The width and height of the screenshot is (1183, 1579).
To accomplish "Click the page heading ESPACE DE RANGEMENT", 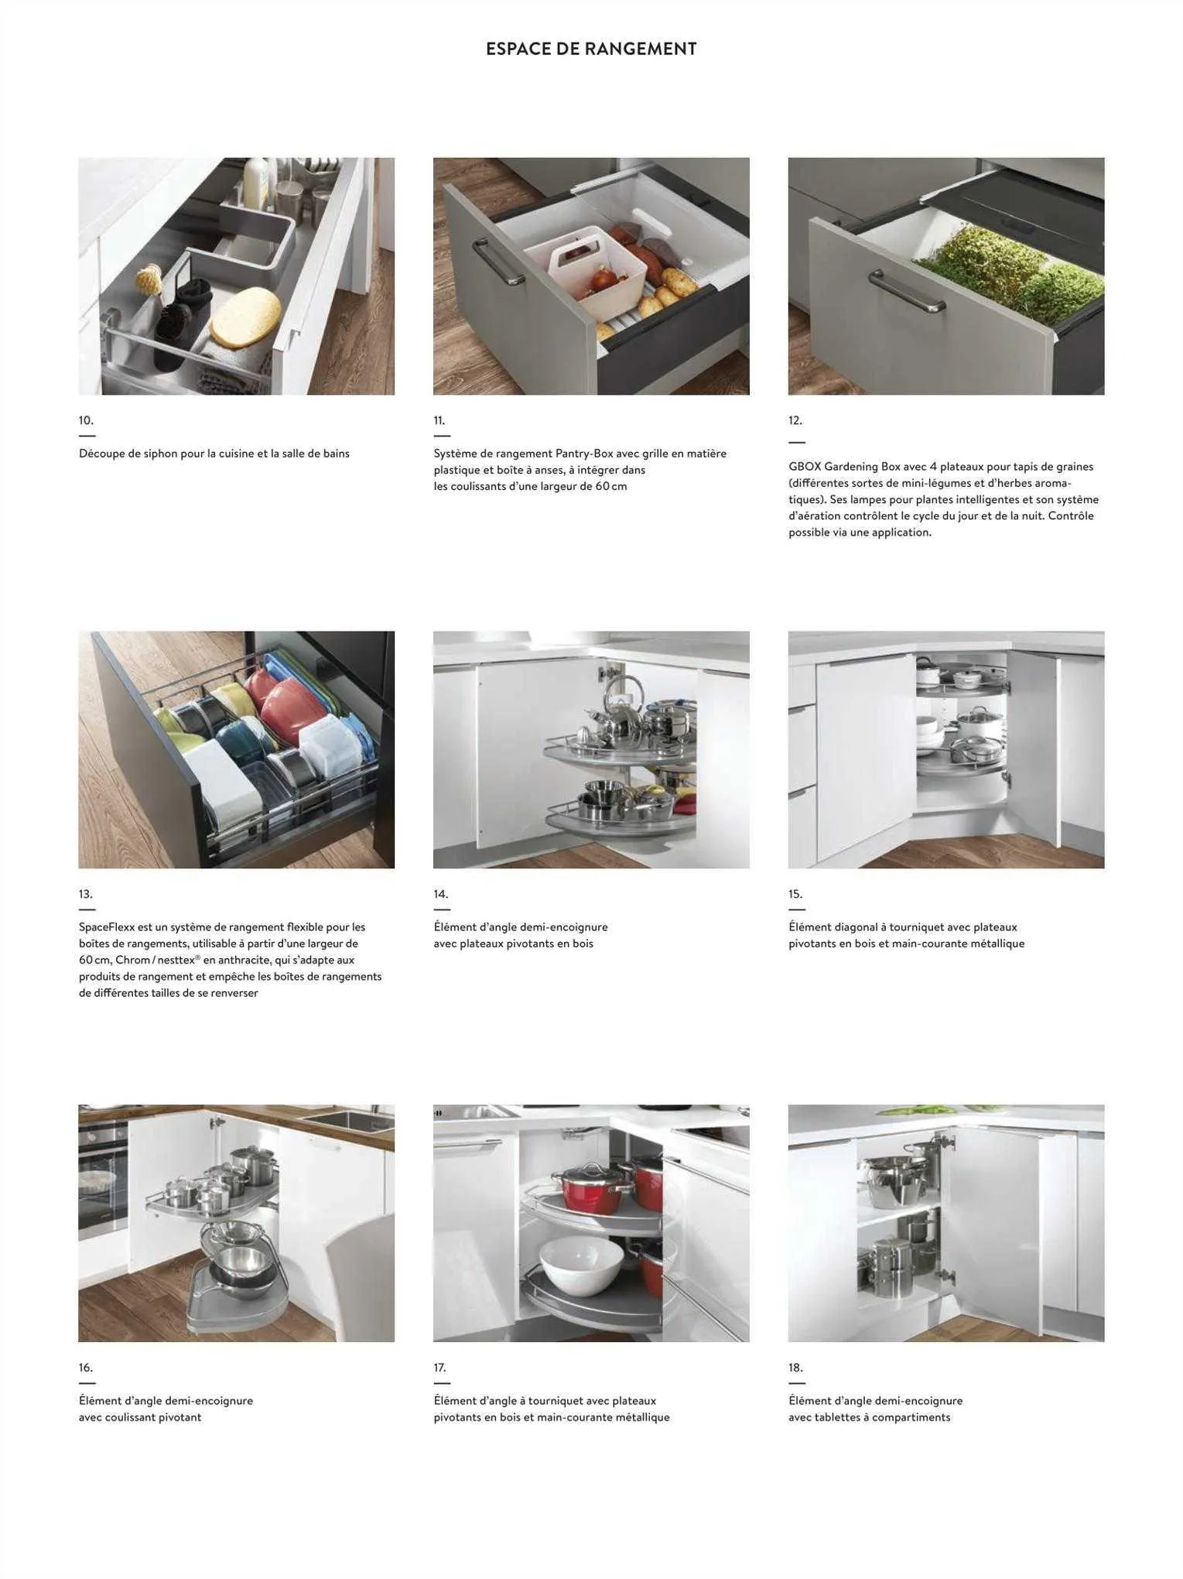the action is coord(591,49).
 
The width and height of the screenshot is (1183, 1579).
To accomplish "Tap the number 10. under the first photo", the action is coord(86,420).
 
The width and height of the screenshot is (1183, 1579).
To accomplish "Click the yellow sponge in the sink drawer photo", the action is coord(246,317).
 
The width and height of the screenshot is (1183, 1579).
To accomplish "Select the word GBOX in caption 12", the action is coord(804,467).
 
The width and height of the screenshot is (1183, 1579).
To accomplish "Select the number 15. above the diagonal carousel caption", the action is coord(795,894).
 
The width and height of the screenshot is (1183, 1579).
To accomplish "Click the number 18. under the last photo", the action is coord(796,1368).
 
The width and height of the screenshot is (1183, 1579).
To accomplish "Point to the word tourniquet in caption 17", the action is coord(556,1401).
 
